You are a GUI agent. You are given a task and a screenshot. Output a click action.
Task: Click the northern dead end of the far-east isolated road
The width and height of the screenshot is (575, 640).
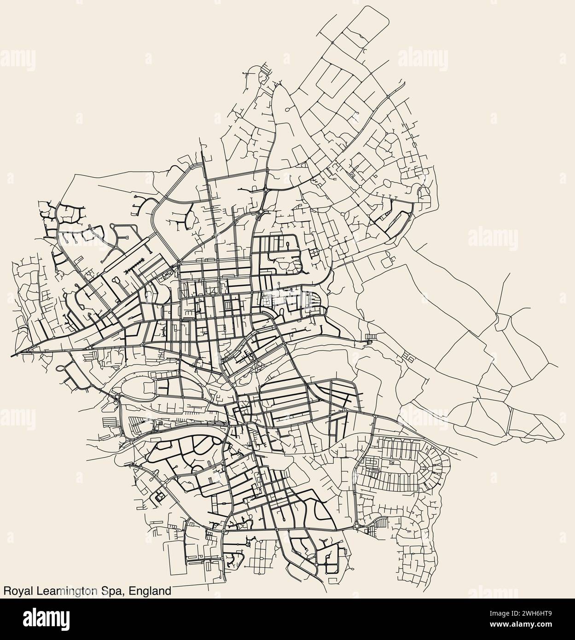509,273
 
